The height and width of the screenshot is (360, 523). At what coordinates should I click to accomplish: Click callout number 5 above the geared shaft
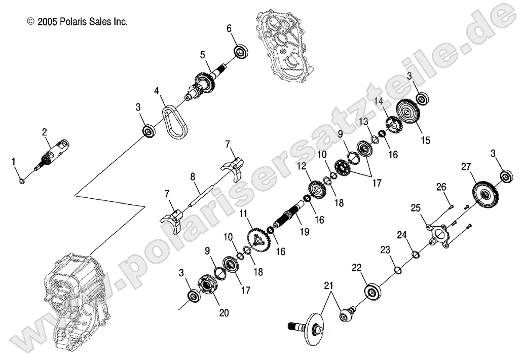click(202, 54)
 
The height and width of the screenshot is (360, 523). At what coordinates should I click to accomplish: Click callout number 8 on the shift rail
click(193, 177)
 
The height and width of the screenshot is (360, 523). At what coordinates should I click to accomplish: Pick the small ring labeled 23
click(398, 270)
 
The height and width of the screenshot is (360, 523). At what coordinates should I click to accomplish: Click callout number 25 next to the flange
click(416, 207)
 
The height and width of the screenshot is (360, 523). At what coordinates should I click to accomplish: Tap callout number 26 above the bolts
click(441, 187)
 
